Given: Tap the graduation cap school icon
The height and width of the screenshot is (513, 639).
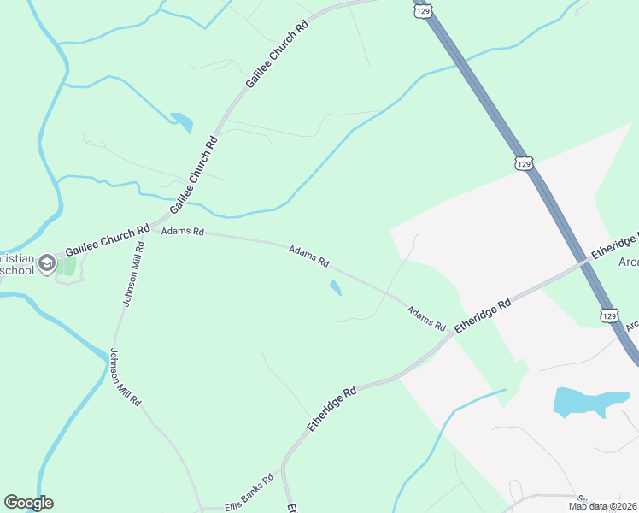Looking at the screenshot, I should [46, 260].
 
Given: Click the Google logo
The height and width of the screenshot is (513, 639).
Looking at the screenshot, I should [28, 503].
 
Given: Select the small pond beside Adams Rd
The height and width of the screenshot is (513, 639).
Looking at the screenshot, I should [335, 288].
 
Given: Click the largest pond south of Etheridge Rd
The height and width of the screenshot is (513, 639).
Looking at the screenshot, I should [590, 401].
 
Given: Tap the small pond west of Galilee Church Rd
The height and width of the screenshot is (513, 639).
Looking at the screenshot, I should [182, 122].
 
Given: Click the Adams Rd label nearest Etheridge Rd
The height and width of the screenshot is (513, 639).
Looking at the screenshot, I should [426, 319].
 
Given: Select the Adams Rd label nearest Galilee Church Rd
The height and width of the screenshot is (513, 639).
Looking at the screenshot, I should [183, 232].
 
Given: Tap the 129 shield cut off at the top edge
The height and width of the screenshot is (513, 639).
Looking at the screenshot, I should [422, 9].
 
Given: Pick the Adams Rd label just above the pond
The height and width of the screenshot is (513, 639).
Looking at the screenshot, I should [309, 256].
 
